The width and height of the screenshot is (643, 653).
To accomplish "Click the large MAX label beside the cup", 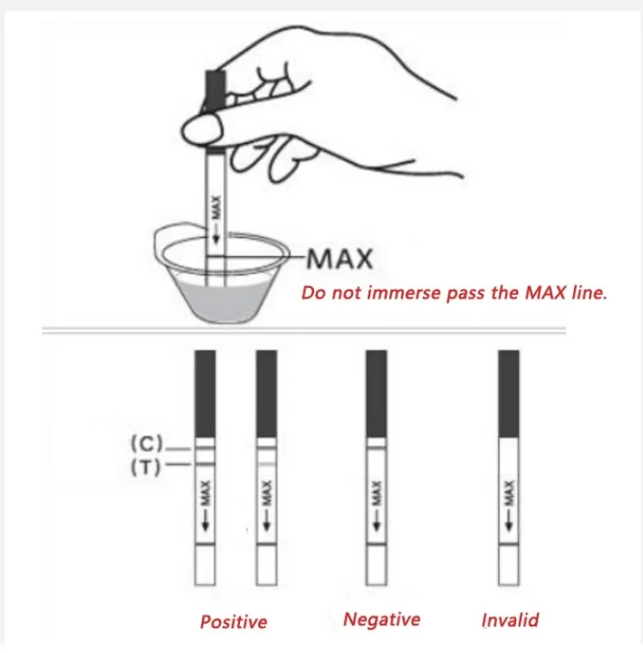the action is point(340,259).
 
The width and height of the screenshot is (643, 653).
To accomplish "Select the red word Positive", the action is point(233,622).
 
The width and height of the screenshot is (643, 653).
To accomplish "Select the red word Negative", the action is point(381,619).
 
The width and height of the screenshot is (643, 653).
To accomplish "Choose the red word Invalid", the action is point(510,620).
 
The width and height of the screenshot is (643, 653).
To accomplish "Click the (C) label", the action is point(146,443).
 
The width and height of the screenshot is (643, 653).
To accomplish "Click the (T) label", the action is point(146,468).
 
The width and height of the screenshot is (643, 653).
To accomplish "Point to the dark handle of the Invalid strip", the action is point(509,393).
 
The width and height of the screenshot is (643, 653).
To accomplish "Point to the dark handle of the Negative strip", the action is point(376,393).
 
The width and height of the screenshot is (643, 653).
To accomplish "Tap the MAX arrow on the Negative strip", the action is point(376,506).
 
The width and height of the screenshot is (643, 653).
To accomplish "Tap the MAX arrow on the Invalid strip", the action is point(509,506).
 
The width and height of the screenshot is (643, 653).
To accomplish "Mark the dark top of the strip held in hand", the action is point(216,89).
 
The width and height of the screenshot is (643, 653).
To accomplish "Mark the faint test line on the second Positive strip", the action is point(267,463).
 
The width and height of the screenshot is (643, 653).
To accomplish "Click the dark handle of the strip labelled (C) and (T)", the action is point(205,393).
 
